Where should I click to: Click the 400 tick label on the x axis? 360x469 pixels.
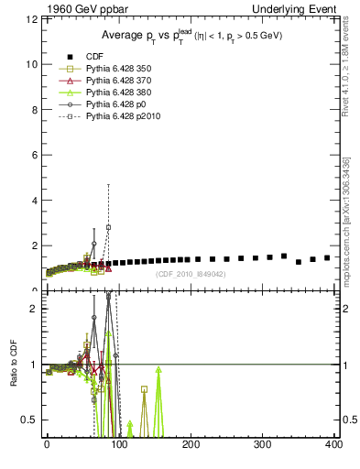pos(334,445)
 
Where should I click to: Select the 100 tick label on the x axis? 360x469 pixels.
pos(119,445)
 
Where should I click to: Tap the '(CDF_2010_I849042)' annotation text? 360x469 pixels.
pos(191,274)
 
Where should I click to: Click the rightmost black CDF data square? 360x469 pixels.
pos(327,257)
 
